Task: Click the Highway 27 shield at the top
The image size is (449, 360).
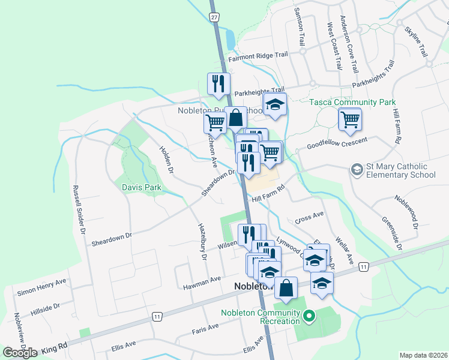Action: pyautogui.click(x=214, y=17)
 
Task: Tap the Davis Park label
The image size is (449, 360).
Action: pyautogui.click(x=142, y=187)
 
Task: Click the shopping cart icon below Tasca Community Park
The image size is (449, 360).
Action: pyautogui.click(x=350, y=119)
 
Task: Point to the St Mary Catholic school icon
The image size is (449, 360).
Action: pyautogui.click(x=358, y=170)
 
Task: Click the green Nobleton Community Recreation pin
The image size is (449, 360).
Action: pyautogui.click(x=309, y=315)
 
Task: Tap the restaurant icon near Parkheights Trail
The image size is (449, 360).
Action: pyautogui.click(x=218, y=83)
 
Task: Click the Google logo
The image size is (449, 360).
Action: pyautogui.click(x=20, y=352)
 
